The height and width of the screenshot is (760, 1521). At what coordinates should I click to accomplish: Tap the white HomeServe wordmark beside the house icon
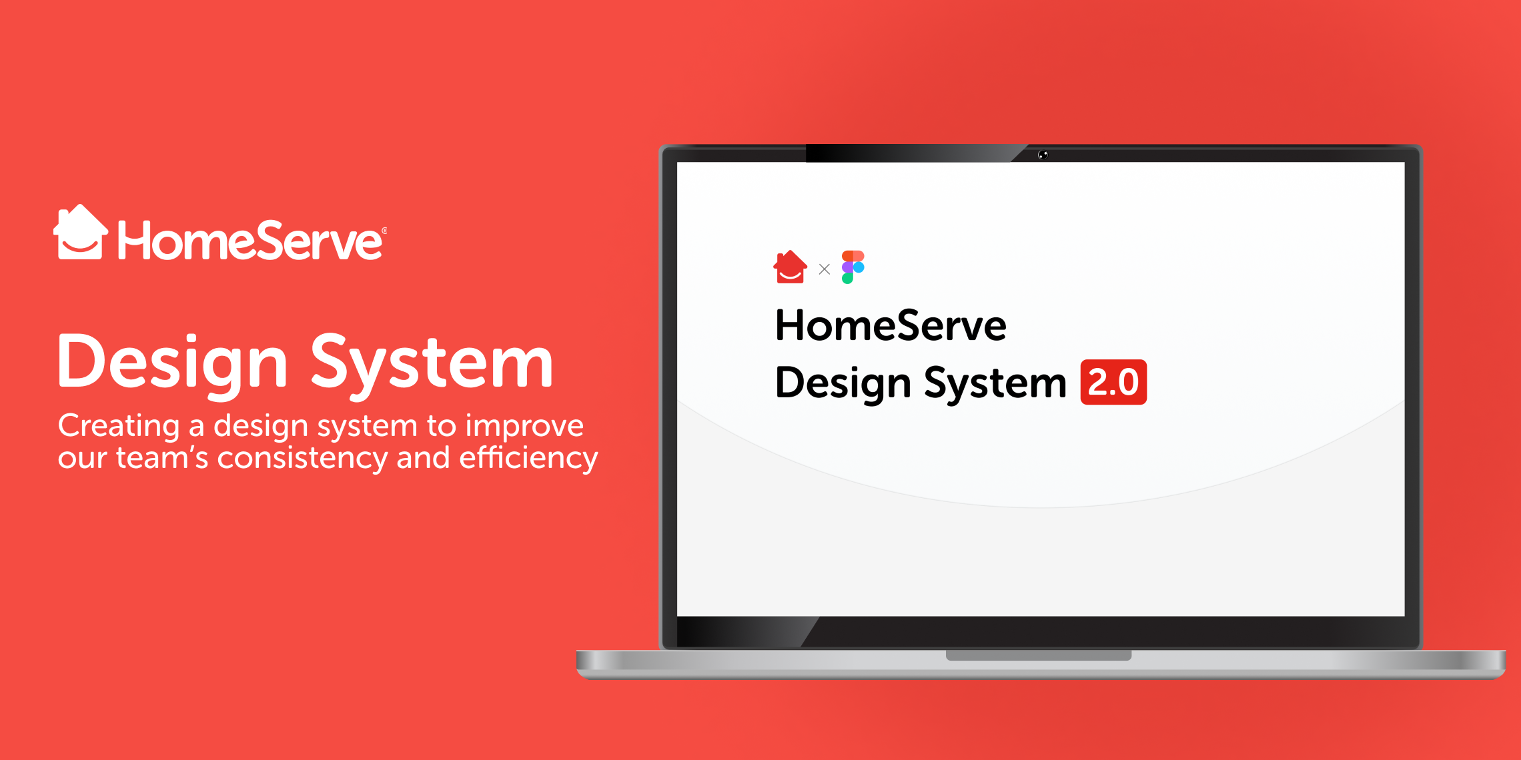click(250, 241)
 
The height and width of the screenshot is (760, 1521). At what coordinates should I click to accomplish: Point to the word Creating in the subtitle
click(119, 427)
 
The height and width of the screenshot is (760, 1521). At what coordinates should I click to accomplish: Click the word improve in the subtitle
click(524, 427)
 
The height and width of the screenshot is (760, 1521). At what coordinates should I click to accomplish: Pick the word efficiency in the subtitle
click(528, 458)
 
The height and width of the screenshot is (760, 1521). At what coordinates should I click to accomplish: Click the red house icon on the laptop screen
click(791, 267)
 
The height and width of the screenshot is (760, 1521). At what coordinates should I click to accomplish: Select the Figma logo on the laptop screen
click(853, 267)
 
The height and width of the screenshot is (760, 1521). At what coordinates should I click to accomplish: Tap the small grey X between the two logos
click(825, 269)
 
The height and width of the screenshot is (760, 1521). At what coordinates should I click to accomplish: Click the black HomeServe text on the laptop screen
click(891, 325)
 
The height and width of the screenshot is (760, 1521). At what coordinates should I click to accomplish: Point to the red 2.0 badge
click(1113, 382)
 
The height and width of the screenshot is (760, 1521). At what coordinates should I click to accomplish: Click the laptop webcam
click(1043, 155)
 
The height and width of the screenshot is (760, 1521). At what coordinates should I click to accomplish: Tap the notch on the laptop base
click(1039, 655)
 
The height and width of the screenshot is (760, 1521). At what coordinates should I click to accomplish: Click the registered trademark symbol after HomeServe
click(384, 231)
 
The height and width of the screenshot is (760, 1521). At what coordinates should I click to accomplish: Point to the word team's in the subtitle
click(162, 459)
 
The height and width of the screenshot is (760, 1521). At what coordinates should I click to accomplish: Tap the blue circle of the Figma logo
click(859, 267)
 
